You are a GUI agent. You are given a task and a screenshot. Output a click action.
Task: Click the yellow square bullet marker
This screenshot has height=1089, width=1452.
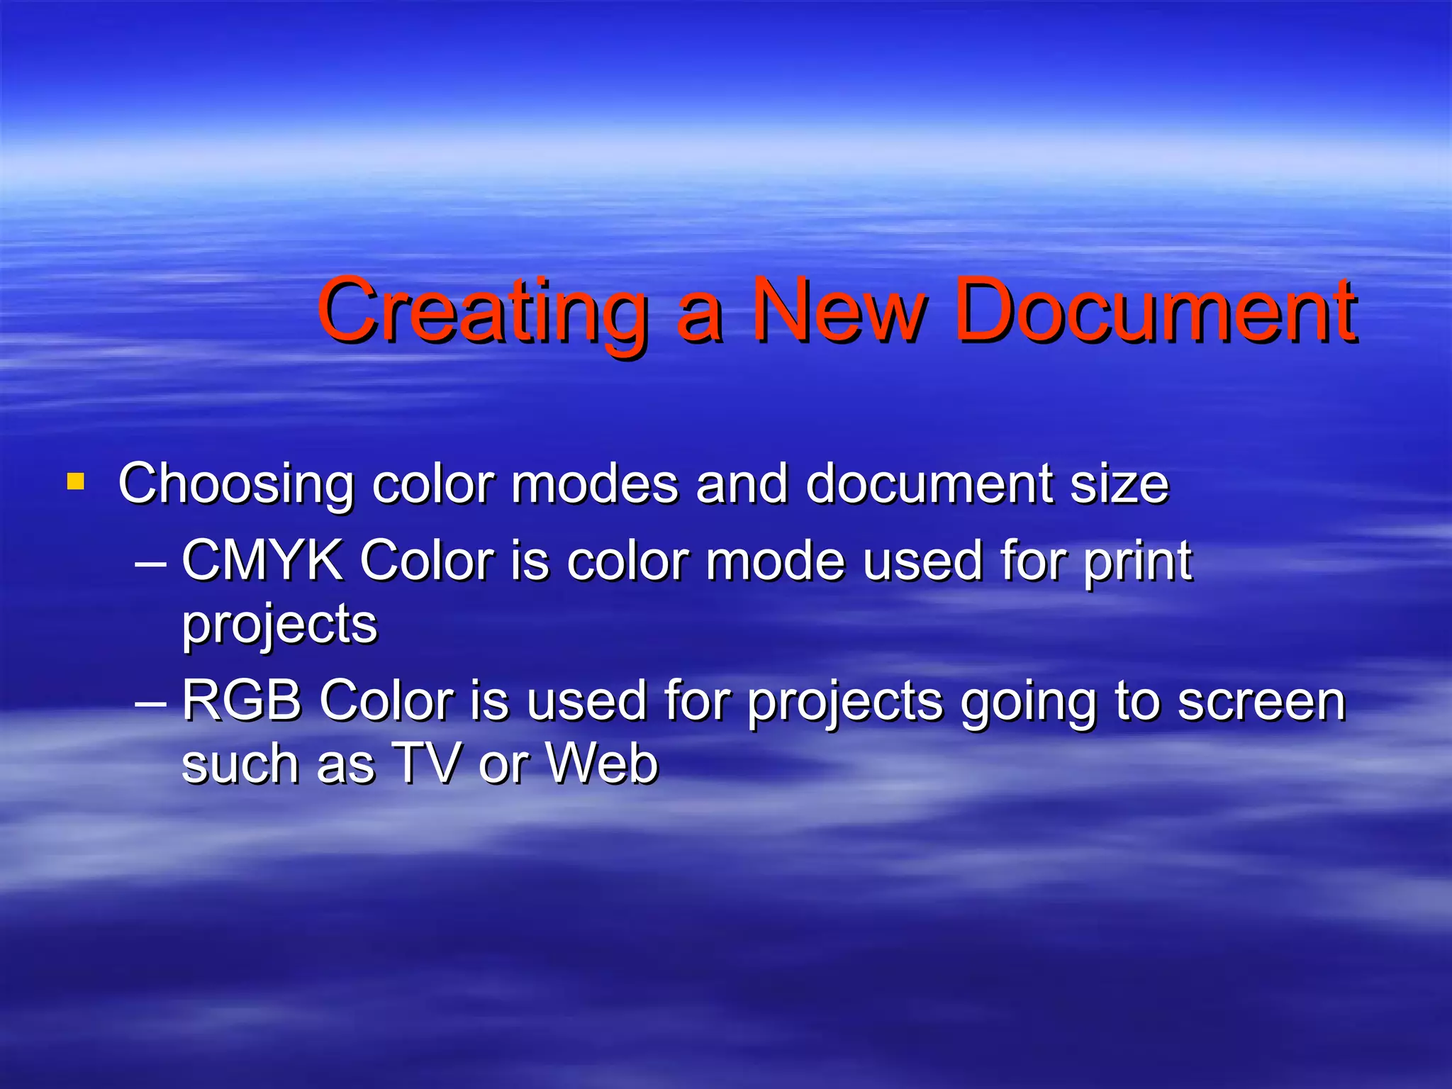tap(75, 483)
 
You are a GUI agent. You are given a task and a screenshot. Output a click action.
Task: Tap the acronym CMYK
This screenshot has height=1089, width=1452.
tap(262, 561)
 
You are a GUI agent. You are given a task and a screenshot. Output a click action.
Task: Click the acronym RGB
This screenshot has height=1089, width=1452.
tap(242, 700)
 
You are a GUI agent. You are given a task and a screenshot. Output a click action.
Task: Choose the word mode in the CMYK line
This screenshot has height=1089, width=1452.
tap(776, 561)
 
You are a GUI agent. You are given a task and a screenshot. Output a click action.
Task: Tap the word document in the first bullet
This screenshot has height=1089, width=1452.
tap(929, 484)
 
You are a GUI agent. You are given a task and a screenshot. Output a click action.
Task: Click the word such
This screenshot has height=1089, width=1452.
tap(240, 764)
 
